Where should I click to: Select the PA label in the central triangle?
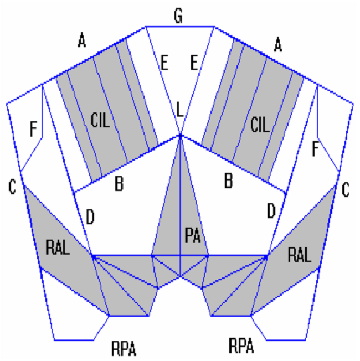click(x=192, y=236)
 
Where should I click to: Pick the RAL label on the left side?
click(x=58, y=247)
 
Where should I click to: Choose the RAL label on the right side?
click(x=300, y=255)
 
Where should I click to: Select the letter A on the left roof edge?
click(x=83, y=40)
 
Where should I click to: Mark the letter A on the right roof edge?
click(x=278, y=47)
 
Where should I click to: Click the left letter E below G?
click(x=164, y=61)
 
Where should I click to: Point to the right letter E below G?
click(x=194, y=61)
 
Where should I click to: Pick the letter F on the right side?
click(x=316, y=148)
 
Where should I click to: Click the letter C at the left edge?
click(x=12, y=188)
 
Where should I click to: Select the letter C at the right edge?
click(x=346, y=191)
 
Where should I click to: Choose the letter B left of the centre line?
click(x=119, y=183)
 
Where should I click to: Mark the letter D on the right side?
click(x=271, y=210)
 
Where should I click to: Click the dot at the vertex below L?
click(x=181, y=135)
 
